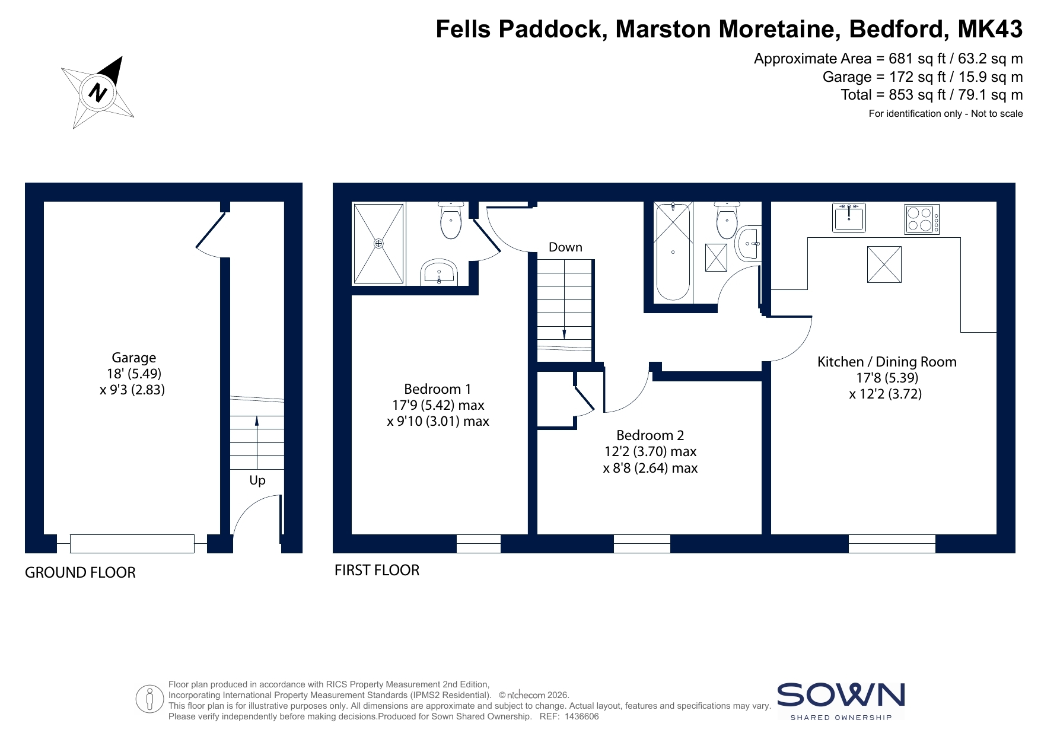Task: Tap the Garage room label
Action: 134,358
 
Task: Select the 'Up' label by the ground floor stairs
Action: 257,480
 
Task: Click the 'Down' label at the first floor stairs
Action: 565,247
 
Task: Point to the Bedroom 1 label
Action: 438,389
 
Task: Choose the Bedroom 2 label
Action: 650,435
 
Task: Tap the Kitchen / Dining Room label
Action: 887,362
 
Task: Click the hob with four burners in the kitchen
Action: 922,219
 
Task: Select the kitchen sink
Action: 849,218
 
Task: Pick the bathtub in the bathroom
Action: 673,251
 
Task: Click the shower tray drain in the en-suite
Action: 378,243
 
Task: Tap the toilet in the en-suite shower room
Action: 451,220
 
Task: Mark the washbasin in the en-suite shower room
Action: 439,272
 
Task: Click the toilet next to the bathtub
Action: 727,220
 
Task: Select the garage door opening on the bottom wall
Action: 132,544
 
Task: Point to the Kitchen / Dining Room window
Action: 892,544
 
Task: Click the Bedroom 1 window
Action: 479,544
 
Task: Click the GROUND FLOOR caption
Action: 80,573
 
